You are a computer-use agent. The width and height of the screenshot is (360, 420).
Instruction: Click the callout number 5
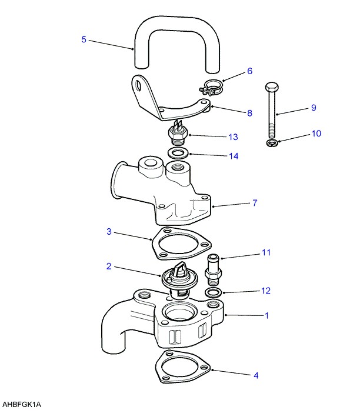pyautogui.click(x=84, y=39)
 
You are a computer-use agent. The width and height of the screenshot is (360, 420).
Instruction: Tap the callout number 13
pyautogui.click(x=233, y=137)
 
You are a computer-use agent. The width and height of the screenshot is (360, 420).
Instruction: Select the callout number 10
pyautogui.click(x=316, y=134)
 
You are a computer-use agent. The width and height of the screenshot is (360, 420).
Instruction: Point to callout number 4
pyautogui.click(x=256, y=375)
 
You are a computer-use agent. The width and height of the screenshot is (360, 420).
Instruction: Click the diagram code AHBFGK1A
pyautogui.click(x=22, y=405)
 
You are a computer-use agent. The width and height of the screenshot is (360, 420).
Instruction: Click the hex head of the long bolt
pyautogui.click(x=272, y=86)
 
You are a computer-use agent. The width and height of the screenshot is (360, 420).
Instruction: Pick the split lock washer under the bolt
pyautogui.click(x=273, y=143)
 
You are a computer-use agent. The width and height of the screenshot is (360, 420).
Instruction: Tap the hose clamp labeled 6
pyautogui.click(x=211, y=87)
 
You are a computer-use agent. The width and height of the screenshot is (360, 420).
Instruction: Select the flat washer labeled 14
pyautogui.click(x=178, y=153)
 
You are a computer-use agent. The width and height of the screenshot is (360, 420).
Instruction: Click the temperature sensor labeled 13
pyautogui.click(x=178, y=132)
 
